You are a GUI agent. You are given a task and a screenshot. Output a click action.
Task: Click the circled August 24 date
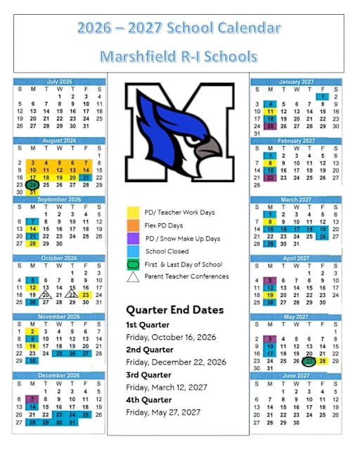point(33,185)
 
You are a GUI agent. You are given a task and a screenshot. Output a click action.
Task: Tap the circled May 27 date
point(309,361)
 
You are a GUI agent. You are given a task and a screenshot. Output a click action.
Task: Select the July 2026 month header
point(59,82)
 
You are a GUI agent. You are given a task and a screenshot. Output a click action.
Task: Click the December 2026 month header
point(59,376)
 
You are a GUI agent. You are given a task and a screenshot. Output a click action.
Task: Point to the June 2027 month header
point(296,376)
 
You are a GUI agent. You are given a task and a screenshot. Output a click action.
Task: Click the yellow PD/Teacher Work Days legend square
point(132,212)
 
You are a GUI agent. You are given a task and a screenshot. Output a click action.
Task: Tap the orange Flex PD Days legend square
point(132,225)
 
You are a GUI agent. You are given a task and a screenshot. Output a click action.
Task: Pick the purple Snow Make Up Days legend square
point(132,239)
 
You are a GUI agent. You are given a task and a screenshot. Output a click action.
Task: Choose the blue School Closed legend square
point(132,251)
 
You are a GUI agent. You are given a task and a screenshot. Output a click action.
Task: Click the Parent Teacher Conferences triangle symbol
point(132,277)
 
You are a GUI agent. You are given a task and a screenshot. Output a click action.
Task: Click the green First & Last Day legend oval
point(132,264)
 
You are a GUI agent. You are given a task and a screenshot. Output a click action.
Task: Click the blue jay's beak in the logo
point(208,148)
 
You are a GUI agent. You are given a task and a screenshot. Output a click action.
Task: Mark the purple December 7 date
point(33,399)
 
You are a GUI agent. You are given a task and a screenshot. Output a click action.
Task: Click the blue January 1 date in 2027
point(323,96)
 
